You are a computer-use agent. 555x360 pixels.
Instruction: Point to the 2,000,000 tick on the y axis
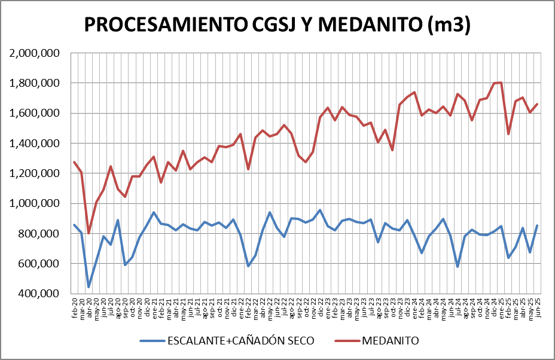click(35, 53)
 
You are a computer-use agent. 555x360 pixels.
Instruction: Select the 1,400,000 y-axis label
click(35, 144)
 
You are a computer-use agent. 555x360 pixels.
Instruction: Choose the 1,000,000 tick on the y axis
click(35, 203)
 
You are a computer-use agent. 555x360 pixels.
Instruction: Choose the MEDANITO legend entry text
click(390, 341)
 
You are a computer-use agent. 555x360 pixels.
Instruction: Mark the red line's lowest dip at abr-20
click(89, 233)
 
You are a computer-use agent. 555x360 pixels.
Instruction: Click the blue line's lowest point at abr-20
click(89, 287)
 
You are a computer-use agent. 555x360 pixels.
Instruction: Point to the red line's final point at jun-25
click(537, 104)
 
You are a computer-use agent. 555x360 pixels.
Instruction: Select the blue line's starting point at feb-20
click(74, 225)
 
